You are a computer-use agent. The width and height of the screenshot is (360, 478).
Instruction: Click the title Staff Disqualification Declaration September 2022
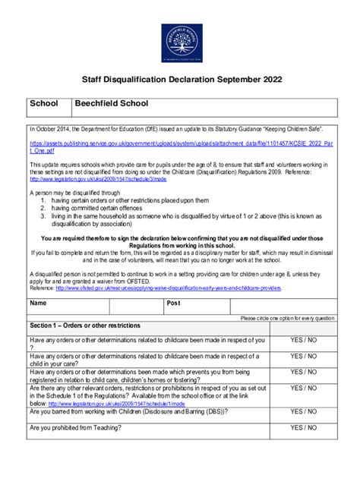[x=180, y=78]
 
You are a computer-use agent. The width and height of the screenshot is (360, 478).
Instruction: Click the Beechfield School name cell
[x=111, y=103]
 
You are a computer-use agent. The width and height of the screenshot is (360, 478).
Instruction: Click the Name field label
[x=38, y=303]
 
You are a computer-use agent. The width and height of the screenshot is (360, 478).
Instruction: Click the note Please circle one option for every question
[x=286, y=318]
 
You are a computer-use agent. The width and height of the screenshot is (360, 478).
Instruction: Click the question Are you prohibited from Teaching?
[x=83, y=428]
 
